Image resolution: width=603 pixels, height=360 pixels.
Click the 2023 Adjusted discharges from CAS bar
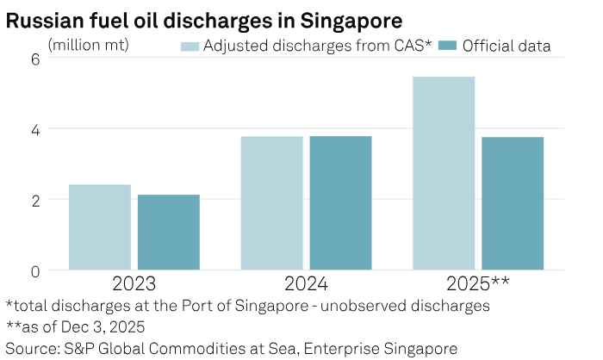pos(100,227)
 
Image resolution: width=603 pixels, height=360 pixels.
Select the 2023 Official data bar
pos(169,232)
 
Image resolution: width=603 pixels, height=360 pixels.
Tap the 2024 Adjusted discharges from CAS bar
pos(272,202)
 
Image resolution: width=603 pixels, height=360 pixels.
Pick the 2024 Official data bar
pos(341,202)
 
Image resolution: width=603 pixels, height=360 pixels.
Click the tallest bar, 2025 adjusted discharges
pos(444,173)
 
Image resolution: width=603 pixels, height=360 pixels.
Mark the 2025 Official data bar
pos(513,203)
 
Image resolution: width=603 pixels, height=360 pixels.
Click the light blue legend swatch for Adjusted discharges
pos(190,46)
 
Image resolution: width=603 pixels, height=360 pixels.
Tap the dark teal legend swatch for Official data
pos(447,46)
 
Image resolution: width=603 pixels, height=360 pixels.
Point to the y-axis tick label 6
pos(36,59)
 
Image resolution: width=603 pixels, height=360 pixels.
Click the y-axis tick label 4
pos(36,129)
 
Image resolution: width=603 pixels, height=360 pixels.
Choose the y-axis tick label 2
pos(36,200)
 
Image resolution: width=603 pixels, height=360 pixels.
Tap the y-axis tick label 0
pos(36,270)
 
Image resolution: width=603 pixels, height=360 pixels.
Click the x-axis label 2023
pos(134,283)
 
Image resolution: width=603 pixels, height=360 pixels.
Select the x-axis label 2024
pos(307,283)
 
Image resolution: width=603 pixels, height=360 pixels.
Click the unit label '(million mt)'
pos(89,43)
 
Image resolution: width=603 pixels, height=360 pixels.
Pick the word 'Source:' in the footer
pos(32,348)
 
